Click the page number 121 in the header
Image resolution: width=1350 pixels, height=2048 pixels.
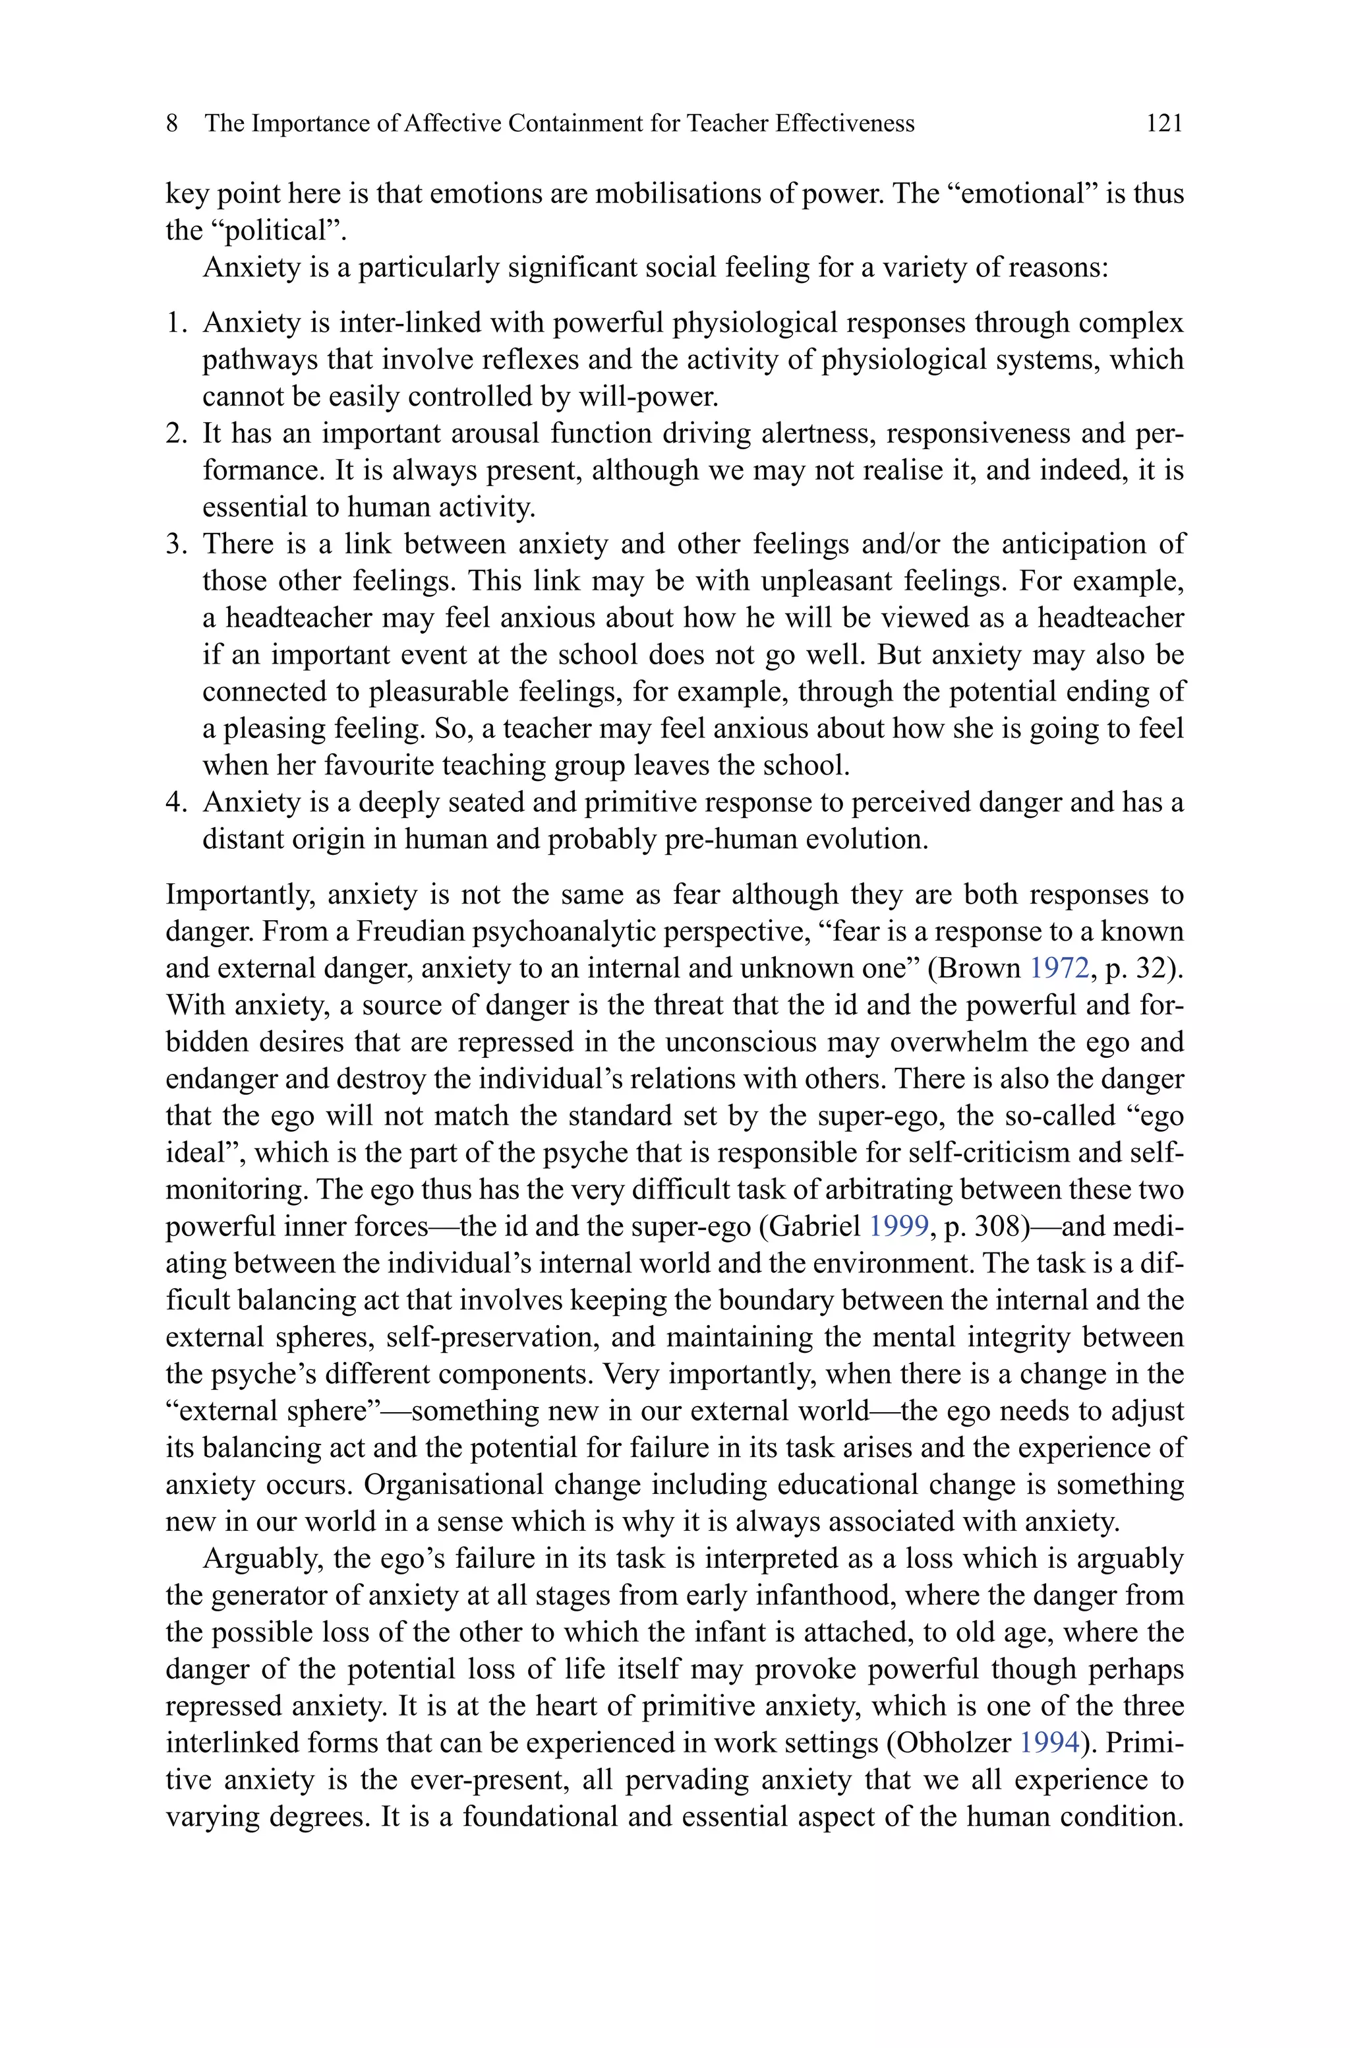[x=1164, y=124]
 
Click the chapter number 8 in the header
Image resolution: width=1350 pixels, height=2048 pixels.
[x=172, y=124]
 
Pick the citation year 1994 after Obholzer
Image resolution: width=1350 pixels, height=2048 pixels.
[x=1049, y=1743]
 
